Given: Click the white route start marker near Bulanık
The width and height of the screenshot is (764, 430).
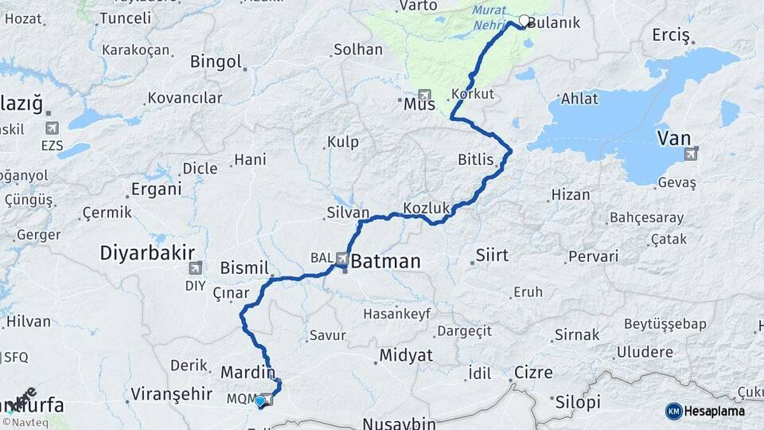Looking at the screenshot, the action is point(524,21).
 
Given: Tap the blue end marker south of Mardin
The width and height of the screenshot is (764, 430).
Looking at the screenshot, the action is point(259,401).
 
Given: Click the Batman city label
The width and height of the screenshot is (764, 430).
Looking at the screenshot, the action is point(385,261).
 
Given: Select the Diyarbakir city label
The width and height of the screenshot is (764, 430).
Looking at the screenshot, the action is point(147,253).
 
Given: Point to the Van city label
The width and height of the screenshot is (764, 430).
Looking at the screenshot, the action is point(673,139).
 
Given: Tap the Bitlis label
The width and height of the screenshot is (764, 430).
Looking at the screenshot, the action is point(476,159).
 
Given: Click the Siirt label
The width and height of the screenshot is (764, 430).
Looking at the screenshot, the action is point(491,256).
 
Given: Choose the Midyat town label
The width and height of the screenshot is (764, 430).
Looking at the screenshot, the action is point(406,355).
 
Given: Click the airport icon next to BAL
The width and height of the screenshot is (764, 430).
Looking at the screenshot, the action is point(342,258).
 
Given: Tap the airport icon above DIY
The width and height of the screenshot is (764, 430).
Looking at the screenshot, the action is point(194,271).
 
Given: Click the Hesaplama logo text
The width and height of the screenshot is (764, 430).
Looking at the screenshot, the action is point(715,411).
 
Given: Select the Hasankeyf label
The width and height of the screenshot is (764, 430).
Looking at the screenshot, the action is point(396,314).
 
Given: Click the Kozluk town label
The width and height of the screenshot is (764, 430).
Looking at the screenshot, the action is point(427,208).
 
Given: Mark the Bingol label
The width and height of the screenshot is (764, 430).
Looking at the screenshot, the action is point(216,61).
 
